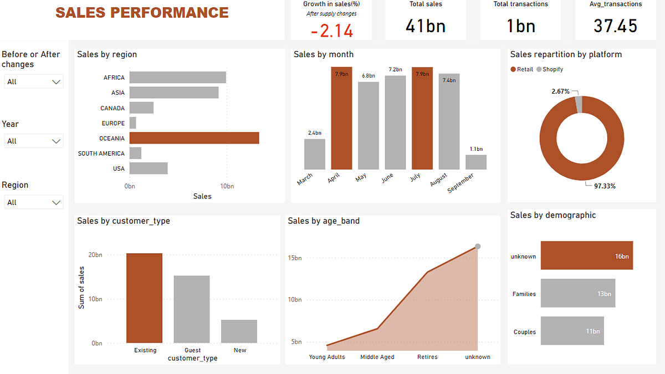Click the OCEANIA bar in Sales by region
coord(194,138)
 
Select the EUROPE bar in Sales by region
coord(132,123)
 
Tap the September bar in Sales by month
coord(475,162)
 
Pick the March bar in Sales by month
coord(315,154)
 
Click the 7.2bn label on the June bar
coord(395,70)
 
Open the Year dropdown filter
coord(34,141)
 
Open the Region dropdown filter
coord(34,202)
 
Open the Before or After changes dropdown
coord(34,81)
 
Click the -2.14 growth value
coord(332,31)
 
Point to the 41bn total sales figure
coord(426,26)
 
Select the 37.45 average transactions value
coord(615,26)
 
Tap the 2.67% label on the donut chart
coord(560,91)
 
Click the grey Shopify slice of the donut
coord(579,104)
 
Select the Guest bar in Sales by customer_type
coord(192,309)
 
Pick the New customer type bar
coord(239,331)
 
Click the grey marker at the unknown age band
coord(478,247)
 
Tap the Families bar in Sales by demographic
coord(577,293)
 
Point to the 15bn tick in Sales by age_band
coord(294,258)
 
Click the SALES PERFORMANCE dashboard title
coord(142,12)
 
